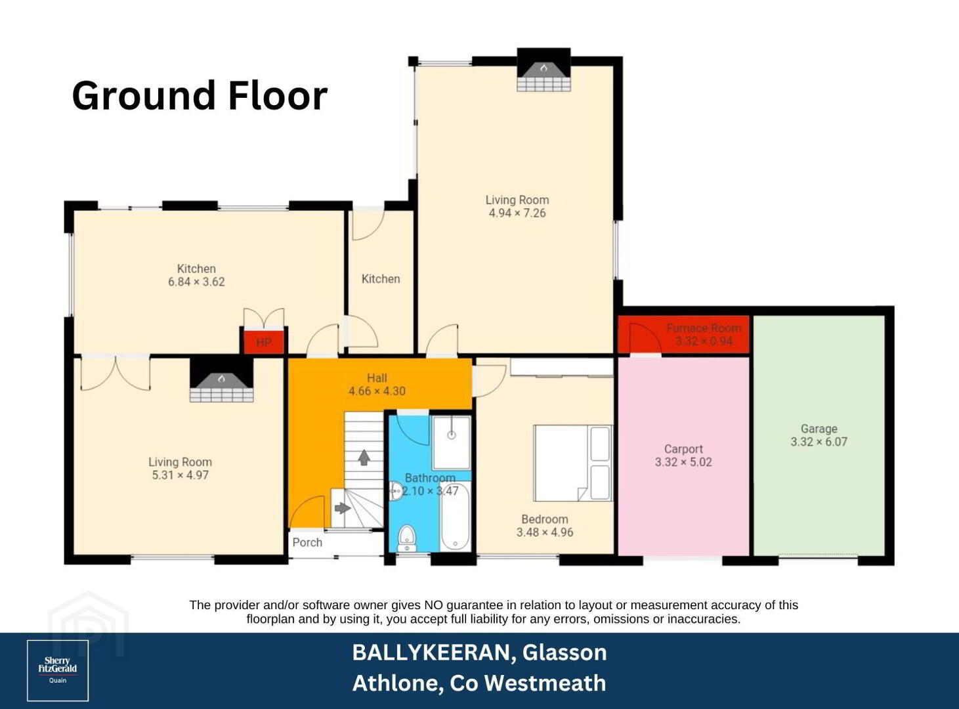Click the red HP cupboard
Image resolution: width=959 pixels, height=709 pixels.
point(264,342)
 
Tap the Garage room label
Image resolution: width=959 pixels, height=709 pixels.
point(819,429)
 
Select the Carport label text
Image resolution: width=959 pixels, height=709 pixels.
point(683,449)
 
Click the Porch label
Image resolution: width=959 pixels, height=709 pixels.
point(307,542)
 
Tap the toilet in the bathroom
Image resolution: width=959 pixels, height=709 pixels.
point(406,538)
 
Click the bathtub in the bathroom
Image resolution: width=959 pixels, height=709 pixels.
point(456,517)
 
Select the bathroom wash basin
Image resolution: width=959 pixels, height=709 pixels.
point(396,490)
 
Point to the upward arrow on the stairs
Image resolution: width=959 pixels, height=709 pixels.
point(364,457)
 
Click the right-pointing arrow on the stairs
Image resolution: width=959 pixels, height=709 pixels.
point(343,508)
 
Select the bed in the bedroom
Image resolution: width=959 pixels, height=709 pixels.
point(573,463)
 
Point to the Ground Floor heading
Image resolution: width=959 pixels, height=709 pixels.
point(200,96)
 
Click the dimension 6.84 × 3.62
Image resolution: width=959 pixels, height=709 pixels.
point(196,282)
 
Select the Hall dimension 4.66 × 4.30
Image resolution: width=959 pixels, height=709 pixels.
point(377,391)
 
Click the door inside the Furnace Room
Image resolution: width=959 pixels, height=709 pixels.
point(645,339)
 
